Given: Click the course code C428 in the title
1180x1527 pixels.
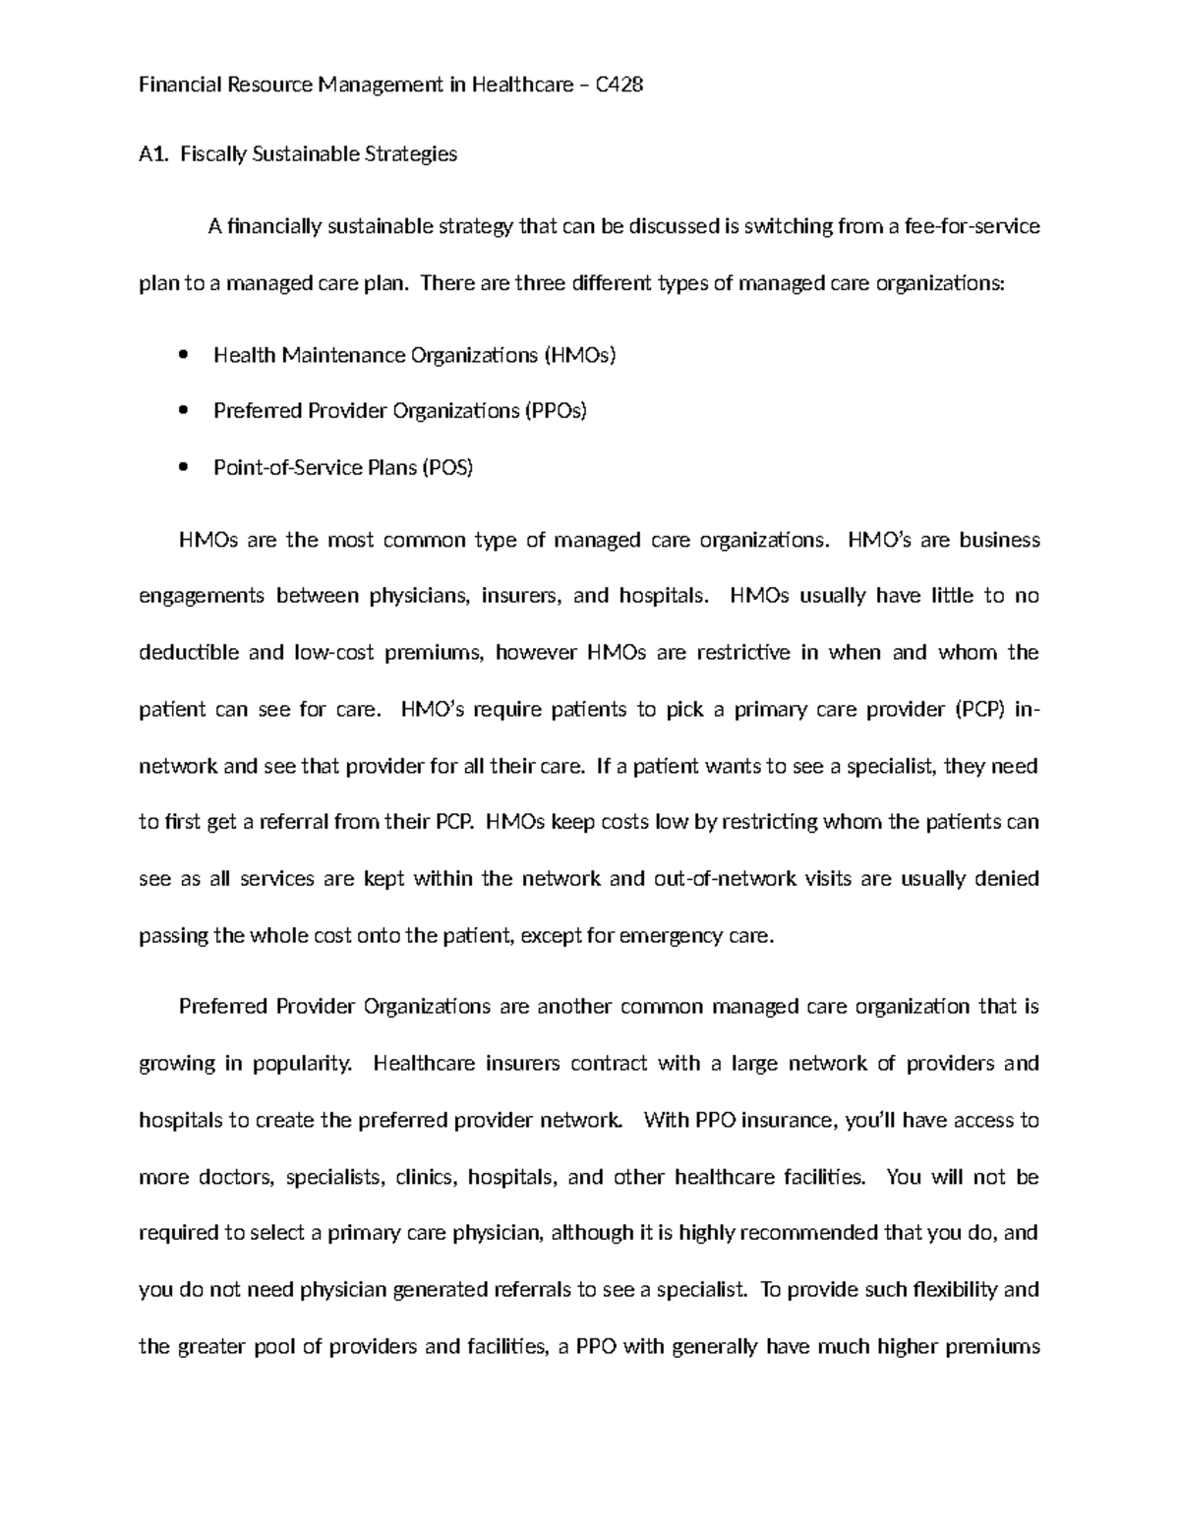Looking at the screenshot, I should (619, 85).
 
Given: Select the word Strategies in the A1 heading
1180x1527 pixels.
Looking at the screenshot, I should (410, 153).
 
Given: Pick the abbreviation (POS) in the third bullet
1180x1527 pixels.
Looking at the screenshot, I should (447, 468).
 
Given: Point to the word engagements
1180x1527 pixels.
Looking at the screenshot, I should (202, 596).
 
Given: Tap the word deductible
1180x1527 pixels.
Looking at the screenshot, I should (189, 653).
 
